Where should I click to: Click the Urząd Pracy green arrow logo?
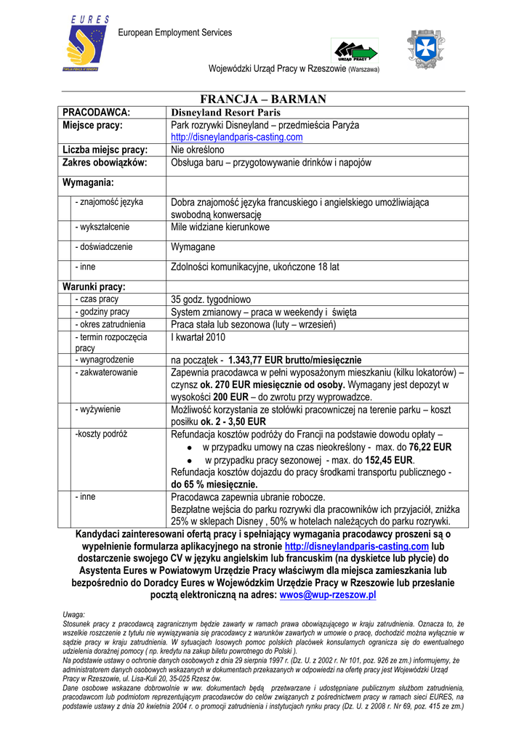pos(355,52)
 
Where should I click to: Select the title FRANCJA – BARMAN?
pos(263,99)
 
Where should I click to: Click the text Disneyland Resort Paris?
pos(225,113)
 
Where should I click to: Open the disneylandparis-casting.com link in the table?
pos(236,137)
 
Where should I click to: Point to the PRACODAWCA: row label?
pos(97,113)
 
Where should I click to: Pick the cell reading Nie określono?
pos(198,150)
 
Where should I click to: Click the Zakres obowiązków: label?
pos(105,163)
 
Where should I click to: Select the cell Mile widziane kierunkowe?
pos(220,227)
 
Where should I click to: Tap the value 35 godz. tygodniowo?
pos(211,299)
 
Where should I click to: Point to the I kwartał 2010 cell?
pos(198,337)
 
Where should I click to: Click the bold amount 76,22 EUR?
pos(430,448)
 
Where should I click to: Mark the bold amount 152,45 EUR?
pos(389,461)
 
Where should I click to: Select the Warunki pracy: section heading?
pos(94,286)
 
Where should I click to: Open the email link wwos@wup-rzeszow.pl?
pos(328,595)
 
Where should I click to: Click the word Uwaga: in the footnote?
pos(74,615)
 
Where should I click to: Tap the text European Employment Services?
pos(175,33)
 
